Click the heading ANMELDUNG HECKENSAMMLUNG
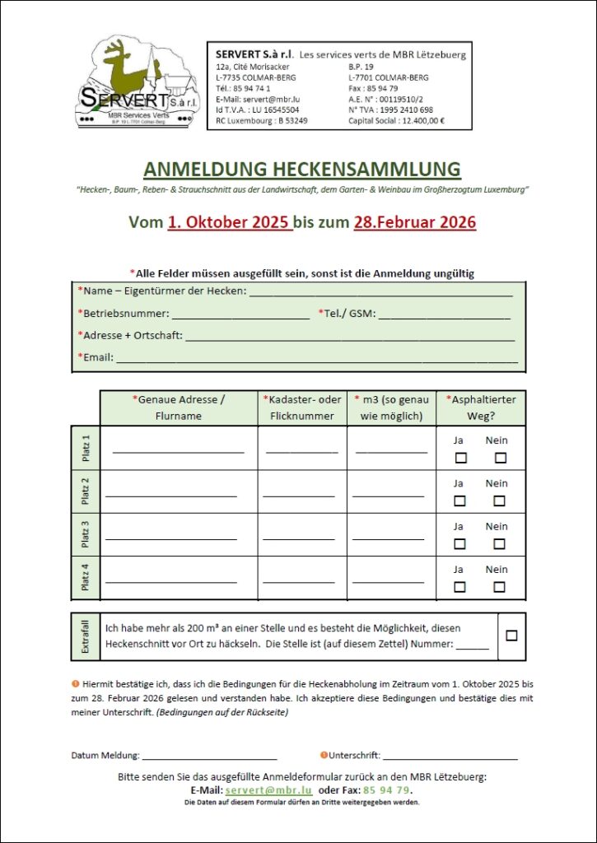301,170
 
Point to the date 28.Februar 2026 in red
414,222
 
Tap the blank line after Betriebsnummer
240,316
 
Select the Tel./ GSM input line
444,316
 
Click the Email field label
96,357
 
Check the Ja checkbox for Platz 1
460,458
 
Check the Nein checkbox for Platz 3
499,543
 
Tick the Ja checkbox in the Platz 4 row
460,587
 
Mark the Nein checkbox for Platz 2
499,501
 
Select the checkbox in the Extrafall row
511,636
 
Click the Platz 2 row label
86,491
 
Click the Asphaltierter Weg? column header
481,408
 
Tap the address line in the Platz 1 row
178,452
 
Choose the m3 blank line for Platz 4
389,581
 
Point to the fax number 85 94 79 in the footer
386,790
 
